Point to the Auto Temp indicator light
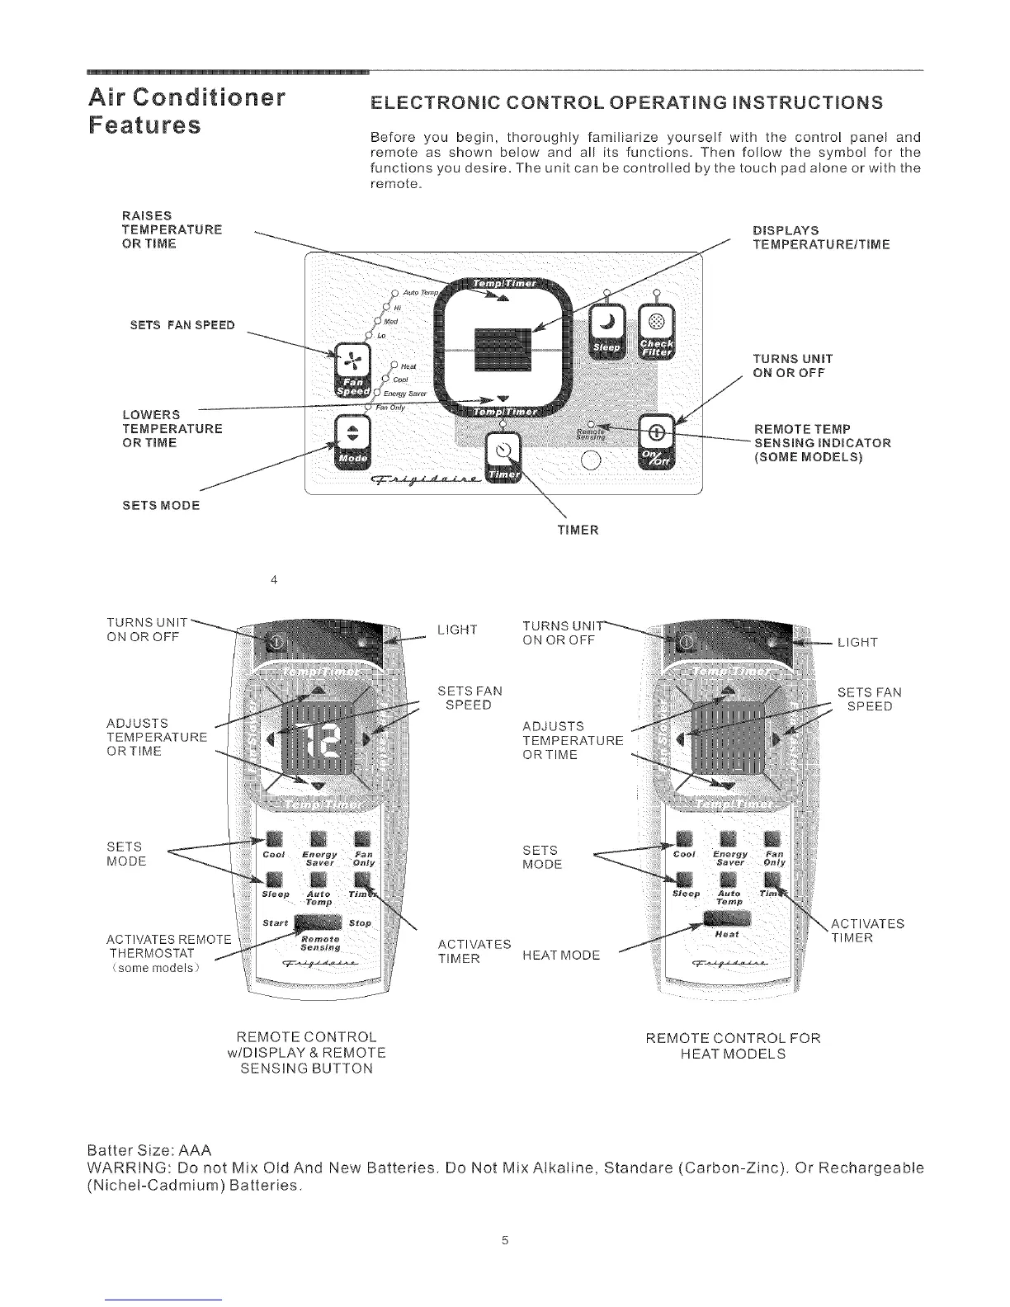[x=396, y=293]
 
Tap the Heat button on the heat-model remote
[x=726, y=921]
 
